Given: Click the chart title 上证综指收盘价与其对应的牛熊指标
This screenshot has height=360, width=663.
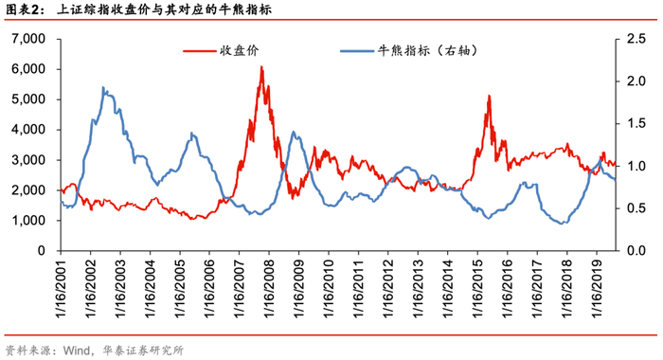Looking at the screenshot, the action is click(x=164, y=9).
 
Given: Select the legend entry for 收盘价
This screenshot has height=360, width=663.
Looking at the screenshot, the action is click(x=221, y=51).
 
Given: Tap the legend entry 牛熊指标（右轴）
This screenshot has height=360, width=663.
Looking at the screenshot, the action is click(x=409, y=51).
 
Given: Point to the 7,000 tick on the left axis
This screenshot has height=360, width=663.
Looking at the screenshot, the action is click(x=28, y=39).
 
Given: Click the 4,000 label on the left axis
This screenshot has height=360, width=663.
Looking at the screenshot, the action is click(x=28, y=130).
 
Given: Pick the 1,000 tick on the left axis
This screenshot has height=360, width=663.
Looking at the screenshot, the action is click(x=28, y=221).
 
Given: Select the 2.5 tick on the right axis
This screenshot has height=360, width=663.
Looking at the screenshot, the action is click(x=636, y=39).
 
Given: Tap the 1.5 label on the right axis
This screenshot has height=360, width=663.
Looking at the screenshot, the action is click(x=636, y=123).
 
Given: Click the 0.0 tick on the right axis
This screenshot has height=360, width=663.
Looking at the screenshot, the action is click(x=636, y=251).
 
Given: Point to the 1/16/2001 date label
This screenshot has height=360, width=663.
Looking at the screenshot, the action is click(x=62, y=289).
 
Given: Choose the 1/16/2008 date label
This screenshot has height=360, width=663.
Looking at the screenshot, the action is click(x=269, y=289).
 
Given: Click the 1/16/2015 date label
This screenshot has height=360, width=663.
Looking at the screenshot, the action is click(x=477, y=289).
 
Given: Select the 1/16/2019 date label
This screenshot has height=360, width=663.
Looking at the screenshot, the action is click(x=597, y=289).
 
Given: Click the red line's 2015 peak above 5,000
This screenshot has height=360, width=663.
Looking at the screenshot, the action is click(x=489, y=96).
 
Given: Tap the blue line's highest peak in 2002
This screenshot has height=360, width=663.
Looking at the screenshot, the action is click(x=103, y=87).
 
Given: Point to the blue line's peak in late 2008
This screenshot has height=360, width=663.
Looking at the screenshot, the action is click(x=295, y=132).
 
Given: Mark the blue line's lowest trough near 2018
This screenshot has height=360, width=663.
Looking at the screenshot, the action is click(x=562, y=224).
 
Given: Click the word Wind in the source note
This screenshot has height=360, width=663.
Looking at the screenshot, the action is click(x=76, y=351).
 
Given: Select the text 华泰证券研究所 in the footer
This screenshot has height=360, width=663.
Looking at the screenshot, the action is click(x=143, y=351).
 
